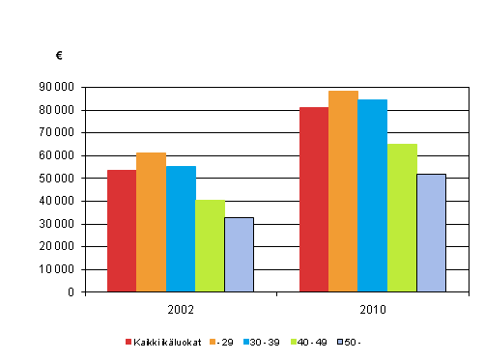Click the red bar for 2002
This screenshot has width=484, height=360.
click(122, 230)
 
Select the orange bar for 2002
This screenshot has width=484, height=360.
click(151, 221)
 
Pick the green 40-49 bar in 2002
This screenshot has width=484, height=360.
click(210, 245)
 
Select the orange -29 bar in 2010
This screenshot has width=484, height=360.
click(343, 190)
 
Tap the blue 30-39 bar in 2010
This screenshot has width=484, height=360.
click(373, 195)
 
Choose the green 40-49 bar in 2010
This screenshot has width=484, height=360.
click(402, 217)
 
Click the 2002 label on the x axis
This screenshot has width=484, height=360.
click(181, 310)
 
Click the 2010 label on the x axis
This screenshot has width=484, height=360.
click(373, 310)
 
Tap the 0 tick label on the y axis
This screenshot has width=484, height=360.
click(71, 292)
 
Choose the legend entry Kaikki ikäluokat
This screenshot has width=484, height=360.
click(165, 342)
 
